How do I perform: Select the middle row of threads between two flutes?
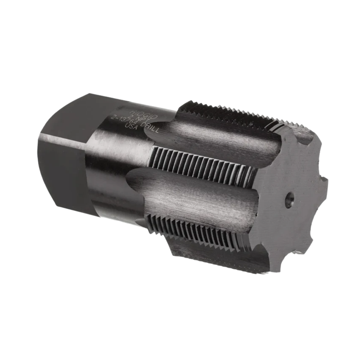click(198, 162)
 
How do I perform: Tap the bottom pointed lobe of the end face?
click(270, 265)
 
